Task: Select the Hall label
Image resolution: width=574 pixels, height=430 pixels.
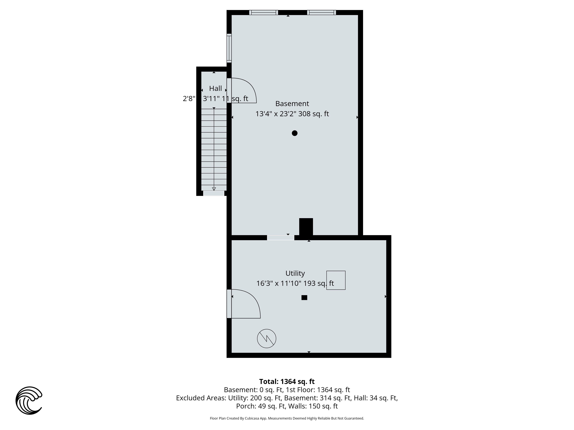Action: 215,88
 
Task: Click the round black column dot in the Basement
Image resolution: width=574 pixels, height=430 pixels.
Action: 294,133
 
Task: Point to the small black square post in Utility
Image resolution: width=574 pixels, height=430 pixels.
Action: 304,298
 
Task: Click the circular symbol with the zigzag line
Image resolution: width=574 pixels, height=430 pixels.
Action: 266,339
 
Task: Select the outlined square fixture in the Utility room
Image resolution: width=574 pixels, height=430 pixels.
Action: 336,280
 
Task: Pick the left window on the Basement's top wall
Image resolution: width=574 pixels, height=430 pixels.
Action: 264,12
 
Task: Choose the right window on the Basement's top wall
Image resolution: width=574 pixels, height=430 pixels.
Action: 322,12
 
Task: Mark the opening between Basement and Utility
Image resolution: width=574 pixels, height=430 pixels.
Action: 281,238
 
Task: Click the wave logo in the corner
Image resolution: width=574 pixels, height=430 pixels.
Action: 29,400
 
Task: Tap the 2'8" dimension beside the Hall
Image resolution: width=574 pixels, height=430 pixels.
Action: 189,99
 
